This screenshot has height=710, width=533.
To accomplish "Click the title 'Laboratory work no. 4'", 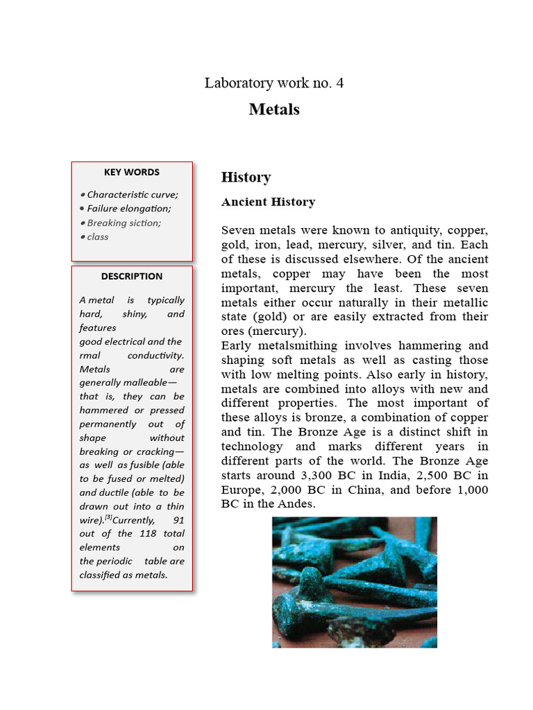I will (x=273, y=83).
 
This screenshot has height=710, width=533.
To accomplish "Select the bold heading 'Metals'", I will (x=274, y=110).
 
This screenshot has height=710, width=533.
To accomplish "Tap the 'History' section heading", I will (x=246, y=177).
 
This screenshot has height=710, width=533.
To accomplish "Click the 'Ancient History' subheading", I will (x=268, y=202).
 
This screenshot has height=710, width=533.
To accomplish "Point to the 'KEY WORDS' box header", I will (x=132, y=172).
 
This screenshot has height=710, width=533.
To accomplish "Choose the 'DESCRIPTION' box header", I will (x=132, y=276).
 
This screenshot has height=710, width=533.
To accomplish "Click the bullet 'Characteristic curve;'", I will (x=132, y=195).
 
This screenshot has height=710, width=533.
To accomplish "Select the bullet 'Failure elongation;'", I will (x=128, y=209).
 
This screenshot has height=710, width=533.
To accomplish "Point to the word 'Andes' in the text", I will (x=295, y=504).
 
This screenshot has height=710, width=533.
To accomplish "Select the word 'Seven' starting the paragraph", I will (x=238, y=230).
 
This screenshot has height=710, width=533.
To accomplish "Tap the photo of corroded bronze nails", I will (x=354, y=582).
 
